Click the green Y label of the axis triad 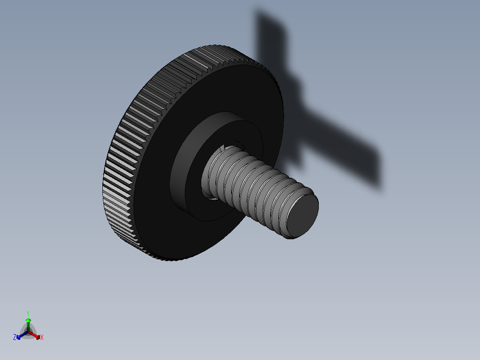tap(28, 313)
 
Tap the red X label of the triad tap(42, 338)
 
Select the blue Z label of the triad tap(15, 338)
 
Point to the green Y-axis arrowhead tap(28, 320)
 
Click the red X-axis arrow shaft tap(34, 335)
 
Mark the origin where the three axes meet tap(28, 331)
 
